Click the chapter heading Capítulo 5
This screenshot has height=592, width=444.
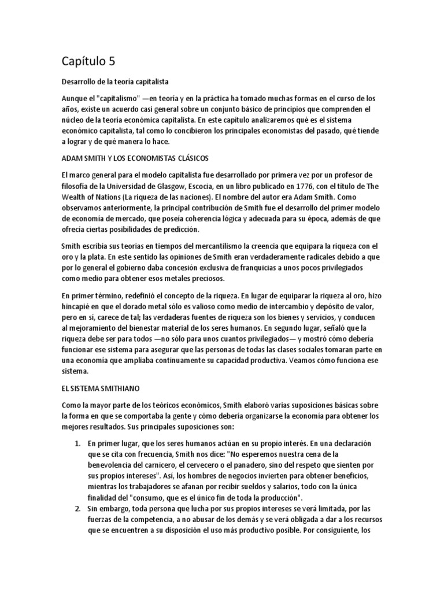92,61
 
